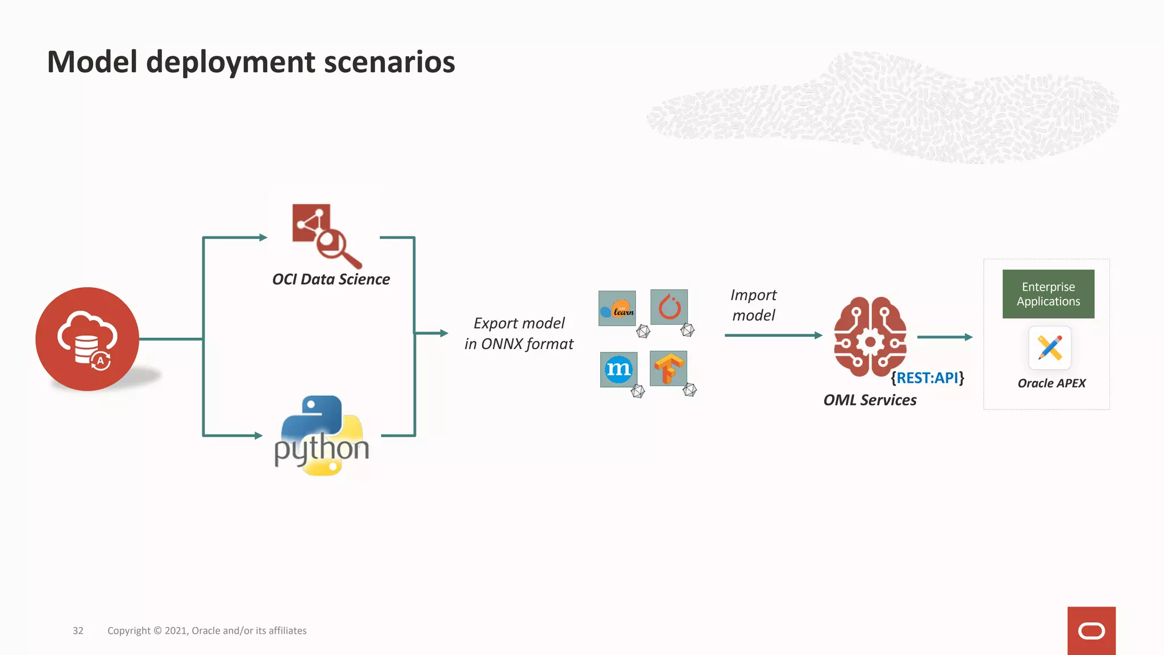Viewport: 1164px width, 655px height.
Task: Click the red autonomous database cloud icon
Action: [87, 339]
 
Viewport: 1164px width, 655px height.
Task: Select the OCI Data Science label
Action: [331, 279]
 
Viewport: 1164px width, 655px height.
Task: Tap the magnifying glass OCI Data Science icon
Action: [326, 235]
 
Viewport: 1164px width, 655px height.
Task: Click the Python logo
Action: [322, 436]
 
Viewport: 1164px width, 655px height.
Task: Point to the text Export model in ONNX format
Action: [518, 333]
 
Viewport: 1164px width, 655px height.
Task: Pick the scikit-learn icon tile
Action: [617, 308]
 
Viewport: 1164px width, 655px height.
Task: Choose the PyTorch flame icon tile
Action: [669, 307]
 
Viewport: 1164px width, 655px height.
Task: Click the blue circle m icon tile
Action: [618, 369]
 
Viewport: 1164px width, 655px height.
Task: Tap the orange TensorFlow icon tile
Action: [668, 368]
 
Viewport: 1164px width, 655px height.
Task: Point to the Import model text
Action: [753, 305]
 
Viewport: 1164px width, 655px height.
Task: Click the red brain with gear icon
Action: [870, 337]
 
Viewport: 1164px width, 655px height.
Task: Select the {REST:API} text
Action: [927, 378]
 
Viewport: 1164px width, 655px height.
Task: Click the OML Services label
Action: [870, 400]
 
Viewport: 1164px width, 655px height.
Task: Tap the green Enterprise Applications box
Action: [1048, 294]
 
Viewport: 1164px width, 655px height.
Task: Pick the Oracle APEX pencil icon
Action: [1050, 348]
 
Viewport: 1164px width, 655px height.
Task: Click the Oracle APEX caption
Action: [1051, 383]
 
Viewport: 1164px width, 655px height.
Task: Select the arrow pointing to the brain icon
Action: [773, 335]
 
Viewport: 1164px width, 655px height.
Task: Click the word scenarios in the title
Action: [389, 62]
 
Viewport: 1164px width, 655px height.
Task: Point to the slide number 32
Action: [78, 631]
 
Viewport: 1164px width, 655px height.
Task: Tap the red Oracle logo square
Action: [1091, 631]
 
